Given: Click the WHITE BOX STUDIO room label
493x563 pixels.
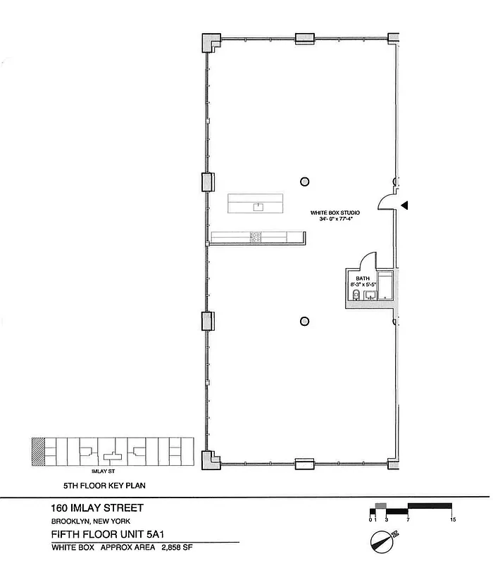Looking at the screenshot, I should tap(331, 213).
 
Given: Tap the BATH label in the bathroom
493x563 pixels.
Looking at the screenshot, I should tap(362, 279).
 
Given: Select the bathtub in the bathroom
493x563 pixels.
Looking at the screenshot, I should tap(387, 286).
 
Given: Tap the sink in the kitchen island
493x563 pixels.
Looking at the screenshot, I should tap(258, 206).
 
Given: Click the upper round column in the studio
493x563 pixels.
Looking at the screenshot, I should tap(304, 180).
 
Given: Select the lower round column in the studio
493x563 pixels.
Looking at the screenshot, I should tap(304, 322).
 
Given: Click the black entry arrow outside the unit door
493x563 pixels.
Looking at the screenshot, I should tap(405, 205).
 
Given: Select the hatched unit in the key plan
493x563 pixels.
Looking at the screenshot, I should tap(38, 451).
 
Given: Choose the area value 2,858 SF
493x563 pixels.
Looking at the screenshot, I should tap(177, 546).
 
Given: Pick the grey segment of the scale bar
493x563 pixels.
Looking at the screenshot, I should tap(380, 506).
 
